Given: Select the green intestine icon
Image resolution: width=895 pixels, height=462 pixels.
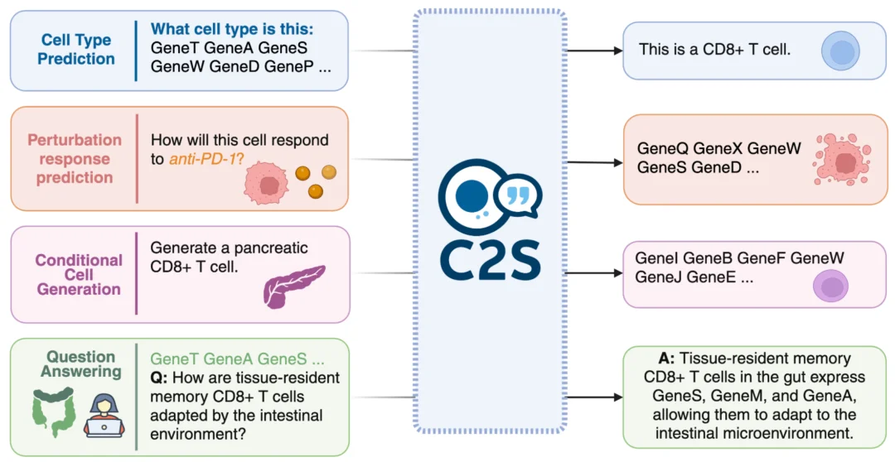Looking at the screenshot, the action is (54, 411).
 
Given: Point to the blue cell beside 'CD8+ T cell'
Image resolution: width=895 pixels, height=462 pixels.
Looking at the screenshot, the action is (840, 51).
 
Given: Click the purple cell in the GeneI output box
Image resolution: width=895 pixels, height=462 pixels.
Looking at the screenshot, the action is (830, 286).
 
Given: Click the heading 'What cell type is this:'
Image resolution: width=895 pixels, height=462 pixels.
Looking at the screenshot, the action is (232, 29).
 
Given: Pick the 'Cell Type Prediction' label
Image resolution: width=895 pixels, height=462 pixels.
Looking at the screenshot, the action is (76, 50).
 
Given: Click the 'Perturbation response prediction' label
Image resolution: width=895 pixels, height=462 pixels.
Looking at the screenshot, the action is (75, 159).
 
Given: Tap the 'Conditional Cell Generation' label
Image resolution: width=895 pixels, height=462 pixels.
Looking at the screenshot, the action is (79, 274).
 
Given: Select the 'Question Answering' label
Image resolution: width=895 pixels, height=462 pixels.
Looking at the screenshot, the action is (80, 364).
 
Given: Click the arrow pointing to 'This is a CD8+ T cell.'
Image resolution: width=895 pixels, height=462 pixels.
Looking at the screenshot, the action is (593, 51).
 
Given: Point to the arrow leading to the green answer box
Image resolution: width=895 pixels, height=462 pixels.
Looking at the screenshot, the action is (593, 397).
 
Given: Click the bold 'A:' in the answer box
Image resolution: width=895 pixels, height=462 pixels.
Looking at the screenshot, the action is (666, 359).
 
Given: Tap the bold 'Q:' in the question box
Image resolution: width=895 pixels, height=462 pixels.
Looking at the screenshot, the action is (158, 378).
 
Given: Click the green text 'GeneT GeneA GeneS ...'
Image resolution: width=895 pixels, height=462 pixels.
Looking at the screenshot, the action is (237, 359).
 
